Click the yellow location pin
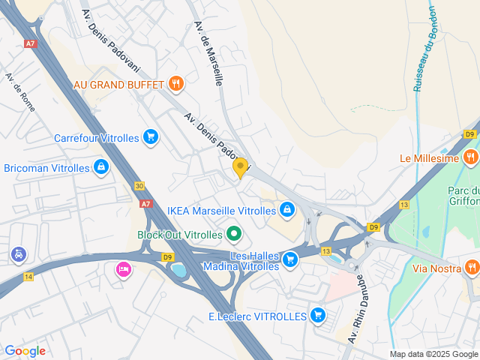(x=240, y=167)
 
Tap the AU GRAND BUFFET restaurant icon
(x=176, y=83)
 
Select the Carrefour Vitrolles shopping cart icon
(x=151, y=137)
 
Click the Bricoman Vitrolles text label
(x=47, y=167)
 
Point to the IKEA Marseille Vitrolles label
(x=221, y=211)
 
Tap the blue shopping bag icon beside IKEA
(x=286, y=209)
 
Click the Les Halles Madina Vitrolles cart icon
(x=290, y=260)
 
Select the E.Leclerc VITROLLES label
(x=257, y=316)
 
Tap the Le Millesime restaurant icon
(x=471, y=157)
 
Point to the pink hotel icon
(x=122, y=268)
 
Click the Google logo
(x=25, y=351)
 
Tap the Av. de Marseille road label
(x=208, y=52)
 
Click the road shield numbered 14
(x=28, y=277)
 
